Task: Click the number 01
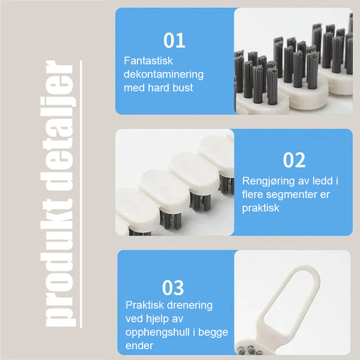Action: [x=174, y=40]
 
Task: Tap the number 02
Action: [x=294, y=160]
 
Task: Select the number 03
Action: [x=173, y=287]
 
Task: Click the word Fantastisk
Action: [x=148, y=61]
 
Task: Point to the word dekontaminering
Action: [x=164, y=74]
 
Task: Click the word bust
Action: [x=183, y=88]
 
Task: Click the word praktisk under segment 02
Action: [x=261, y=208]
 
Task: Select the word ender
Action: [x=139, y=346]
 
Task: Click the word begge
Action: [x=213, y=332]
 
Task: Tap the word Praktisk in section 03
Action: [x=145, y=305]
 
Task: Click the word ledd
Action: [x=322, y=181]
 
